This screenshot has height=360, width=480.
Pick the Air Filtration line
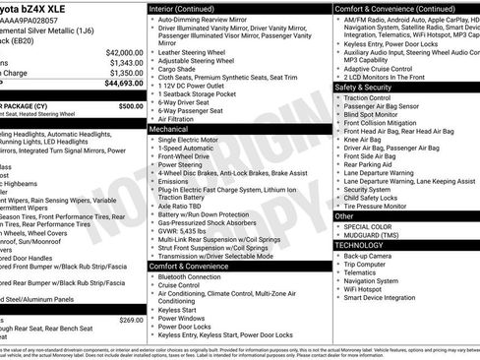pyautogui.click(x=181, y=117)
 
